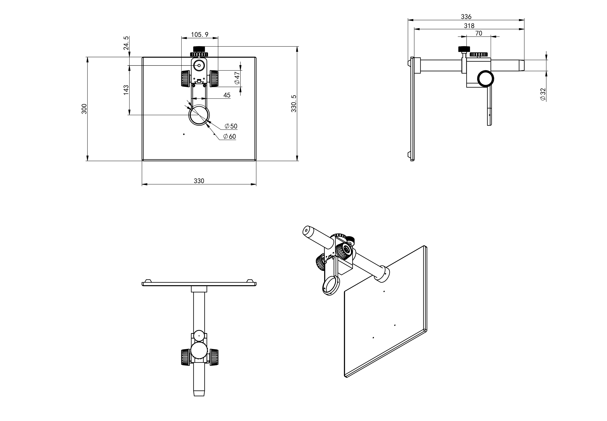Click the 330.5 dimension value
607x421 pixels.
[294, 104]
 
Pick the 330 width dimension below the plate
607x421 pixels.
[199, 181]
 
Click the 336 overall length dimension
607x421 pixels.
[466, 17]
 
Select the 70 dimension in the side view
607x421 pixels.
[479, 33]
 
